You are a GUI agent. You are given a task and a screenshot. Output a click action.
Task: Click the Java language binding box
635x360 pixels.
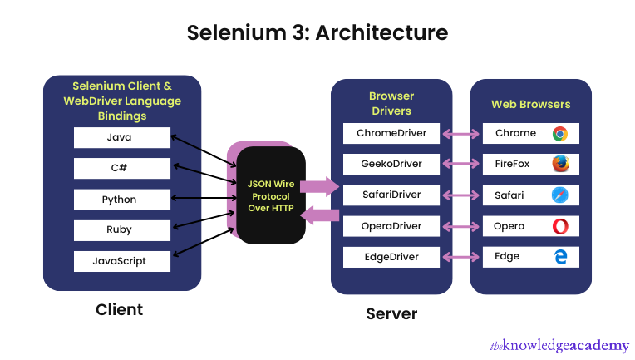click(x=121, y=137)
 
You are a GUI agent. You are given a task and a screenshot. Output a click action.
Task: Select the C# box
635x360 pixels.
click(x=121, y=168)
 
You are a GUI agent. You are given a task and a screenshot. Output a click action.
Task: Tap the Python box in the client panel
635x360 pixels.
click(x=121, y=200)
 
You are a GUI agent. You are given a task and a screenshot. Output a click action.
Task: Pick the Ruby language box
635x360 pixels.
click(x=121, y=229)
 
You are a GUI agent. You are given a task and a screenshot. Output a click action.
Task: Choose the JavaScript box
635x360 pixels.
click(x=121, y=260)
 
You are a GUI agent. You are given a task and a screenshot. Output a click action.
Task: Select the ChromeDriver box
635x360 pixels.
click(x=391, y=133)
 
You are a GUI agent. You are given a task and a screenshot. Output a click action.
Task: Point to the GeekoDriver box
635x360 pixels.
click(x=391, y=164)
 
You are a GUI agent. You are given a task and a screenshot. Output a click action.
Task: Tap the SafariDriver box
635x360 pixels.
click(x=391, y=195)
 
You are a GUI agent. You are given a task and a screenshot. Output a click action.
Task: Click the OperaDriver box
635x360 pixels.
click(x=391, y=225)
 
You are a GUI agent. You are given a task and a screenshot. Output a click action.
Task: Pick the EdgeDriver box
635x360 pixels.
click(x=391, y=256)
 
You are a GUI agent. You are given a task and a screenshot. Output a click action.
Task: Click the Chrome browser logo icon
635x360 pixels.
click(x=559, y=133)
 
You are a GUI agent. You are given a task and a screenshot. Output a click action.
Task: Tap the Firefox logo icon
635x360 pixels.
click(x=559, y=164)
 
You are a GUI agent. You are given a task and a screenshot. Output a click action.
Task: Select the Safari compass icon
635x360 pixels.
click(x=559, y=195)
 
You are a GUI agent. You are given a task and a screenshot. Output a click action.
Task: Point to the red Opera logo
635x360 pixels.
click(x=559, y=225)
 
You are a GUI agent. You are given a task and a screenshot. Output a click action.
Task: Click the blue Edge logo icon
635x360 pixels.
click(x=559, y=256)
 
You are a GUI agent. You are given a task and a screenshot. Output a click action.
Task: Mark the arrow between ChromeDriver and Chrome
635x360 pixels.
click(x=460, y=133)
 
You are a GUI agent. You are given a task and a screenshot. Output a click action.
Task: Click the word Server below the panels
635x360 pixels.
click(x=391, y=313)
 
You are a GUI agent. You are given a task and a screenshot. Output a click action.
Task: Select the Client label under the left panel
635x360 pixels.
click(x=119, y=309)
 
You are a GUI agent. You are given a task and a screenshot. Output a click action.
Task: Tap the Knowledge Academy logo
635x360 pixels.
click(x=559, y=344)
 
